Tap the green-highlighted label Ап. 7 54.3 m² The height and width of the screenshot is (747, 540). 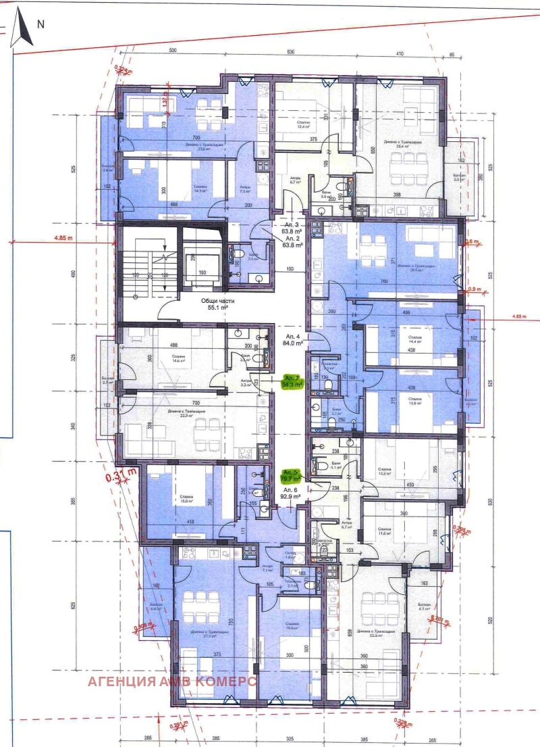(x=292, y=381)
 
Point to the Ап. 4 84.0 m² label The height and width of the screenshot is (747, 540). (x=293, y=339)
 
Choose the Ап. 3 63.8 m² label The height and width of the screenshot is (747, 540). (x=292, y=228)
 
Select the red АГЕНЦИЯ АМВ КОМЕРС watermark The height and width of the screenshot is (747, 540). (x=171, y=681)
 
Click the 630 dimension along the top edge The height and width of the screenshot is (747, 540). (x=291, y=51)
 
